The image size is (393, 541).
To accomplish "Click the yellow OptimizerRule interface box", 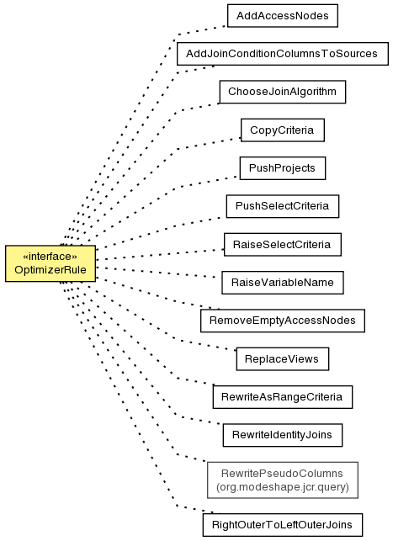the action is (50, 263).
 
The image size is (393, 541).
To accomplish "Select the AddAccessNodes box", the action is (282, 15).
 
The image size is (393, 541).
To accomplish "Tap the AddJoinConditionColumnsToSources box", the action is (283, 54).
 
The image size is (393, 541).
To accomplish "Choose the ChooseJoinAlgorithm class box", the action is (282, 92).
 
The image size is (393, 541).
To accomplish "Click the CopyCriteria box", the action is (282, 130).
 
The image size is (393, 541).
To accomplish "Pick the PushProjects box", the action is (282, 168).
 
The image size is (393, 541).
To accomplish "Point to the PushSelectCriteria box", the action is (282, 206).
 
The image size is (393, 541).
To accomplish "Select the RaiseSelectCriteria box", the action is (282, 244).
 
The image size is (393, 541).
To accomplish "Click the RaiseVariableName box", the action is (282, 283).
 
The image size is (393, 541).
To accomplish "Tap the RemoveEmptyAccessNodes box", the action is (282, 321).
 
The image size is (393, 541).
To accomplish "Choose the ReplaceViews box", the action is (282, 358).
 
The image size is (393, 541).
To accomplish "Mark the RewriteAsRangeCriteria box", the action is (282, 397).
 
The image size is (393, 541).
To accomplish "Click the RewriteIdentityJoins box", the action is (282, 435).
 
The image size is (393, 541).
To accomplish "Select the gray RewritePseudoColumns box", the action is (282, 480).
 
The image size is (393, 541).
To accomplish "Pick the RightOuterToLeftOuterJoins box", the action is (282, 525).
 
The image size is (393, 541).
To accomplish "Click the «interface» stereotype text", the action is (50, 257).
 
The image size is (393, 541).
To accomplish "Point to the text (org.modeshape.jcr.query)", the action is (283, 487).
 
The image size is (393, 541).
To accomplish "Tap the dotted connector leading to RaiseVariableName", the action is (159, 273).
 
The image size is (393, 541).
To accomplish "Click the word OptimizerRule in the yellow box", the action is (50, 270).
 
